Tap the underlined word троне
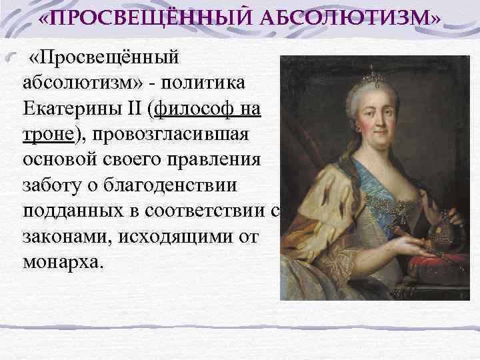point(48,133)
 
